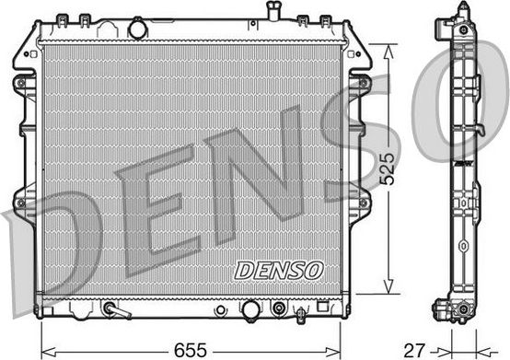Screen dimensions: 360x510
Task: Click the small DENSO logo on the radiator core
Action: click(x=279, y=270)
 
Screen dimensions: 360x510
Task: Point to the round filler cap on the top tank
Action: click(x=138, y=29)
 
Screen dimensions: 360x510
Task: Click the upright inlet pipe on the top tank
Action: click(x=273, y=11)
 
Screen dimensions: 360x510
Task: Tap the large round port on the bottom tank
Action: click(x=249, y=310)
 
